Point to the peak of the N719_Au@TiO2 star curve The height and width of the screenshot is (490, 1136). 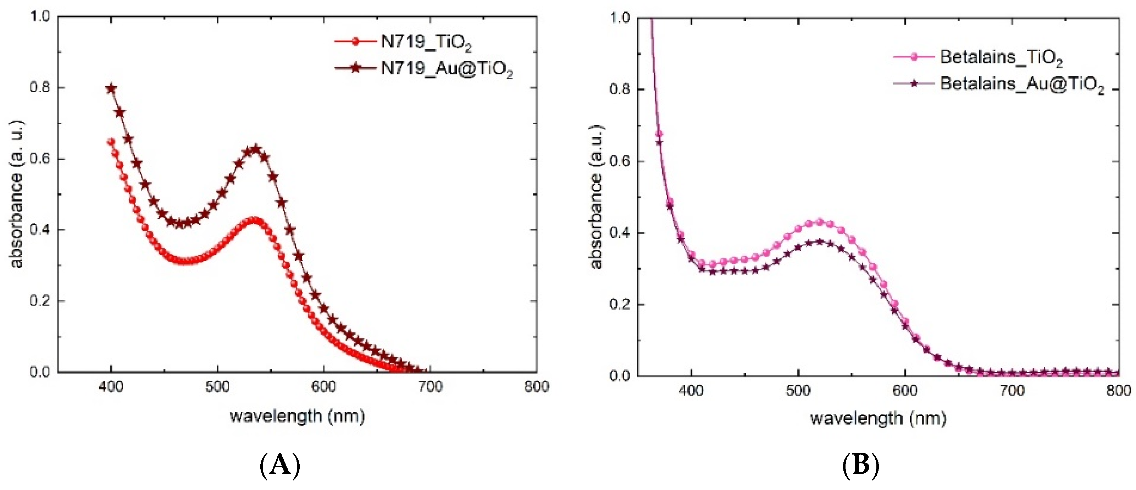pos(255,149)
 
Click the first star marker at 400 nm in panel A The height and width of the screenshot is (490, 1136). pos(112,89)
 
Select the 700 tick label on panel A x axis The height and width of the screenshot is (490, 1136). pos(430,387)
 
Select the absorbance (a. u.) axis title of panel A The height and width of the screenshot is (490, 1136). pos(17,194)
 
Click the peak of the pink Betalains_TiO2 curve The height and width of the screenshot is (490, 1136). pos(819,222)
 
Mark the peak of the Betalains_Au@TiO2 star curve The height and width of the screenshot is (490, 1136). pos(819,242)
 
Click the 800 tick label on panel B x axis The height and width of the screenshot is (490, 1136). pos(1118,391)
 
